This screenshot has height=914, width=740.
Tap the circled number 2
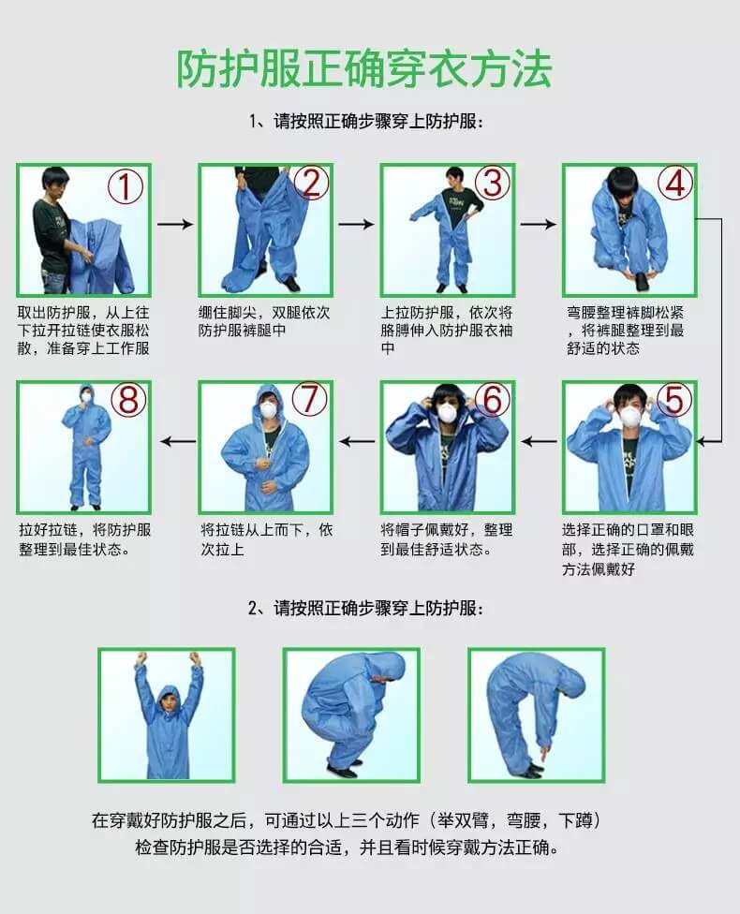pos(311,183)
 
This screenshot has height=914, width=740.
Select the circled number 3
pos(492,183)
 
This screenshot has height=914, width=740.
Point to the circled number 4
pos(674,184)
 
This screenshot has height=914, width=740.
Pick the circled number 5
pos(674,400)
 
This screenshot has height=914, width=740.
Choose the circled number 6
pos(492,400)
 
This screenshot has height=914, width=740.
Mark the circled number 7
pos(310,400)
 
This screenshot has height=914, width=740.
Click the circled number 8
pos(128,400)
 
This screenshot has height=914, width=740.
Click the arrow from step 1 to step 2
pos(174,225)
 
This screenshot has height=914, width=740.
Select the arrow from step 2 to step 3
pos(356,225)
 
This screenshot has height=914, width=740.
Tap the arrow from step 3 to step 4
pos(538,225)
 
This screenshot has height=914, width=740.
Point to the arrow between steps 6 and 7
pos(356,440)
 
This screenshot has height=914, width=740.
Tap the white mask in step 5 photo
pos(630,415)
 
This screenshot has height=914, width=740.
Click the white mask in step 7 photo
pos(269,409)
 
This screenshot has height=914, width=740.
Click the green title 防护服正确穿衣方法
pos(365,68)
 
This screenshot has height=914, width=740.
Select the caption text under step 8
pos(84,539)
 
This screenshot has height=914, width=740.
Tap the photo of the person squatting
pos(352,715)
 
